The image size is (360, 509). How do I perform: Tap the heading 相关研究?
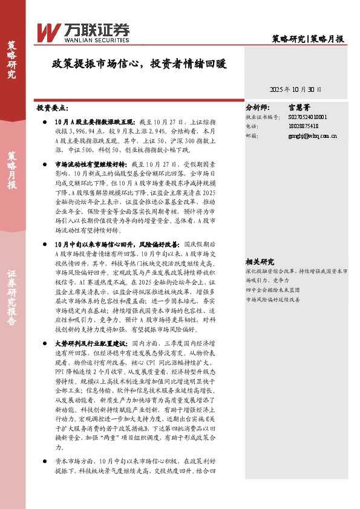point(260,262)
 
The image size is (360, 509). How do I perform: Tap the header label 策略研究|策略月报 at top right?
point(309,39)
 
